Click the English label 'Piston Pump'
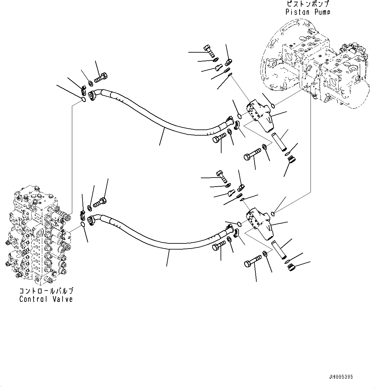point(308,12)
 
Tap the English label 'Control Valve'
point(46,299)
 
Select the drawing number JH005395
point(341,377)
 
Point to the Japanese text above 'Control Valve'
point(46,291)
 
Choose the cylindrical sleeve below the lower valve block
point(279,250)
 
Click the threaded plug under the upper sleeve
point(291,160)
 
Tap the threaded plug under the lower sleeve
point(291,267)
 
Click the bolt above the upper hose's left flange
point(101,78)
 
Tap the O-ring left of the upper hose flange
point(83,99)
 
